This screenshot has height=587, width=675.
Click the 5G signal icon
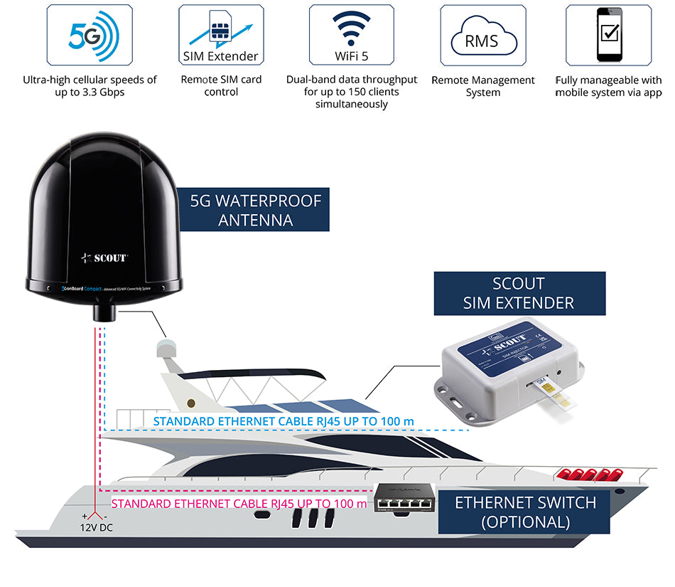click(90, 34)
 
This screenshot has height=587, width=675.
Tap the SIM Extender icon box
click(221, 34)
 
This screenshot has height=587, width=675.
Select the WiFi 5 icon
click(352, 34)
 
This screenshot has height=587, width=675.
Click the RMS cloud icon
click(482, 34)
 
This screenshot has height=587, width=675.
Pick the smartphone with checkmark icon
click(608, 34)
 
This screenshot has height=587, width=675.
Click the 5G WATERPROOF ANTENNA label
click(256, 211)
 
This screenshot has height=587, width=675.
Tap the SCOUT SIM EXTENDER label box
click(519, 294)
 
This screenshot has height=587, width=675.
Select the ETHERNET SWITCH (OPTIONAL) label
click(525, 512)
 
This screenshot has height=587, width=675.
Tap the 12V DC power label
click(95, 528)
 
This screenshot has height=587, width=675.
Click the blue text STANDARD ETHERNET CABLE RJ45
click(283, 422)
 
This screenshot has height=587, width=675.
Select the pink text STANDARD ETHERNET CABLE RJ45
click(239, 504)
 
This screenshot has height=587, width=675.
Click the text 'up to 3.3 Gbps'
click(90, 92)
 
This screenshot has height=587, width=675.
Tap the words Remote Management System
click(483, 86)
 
